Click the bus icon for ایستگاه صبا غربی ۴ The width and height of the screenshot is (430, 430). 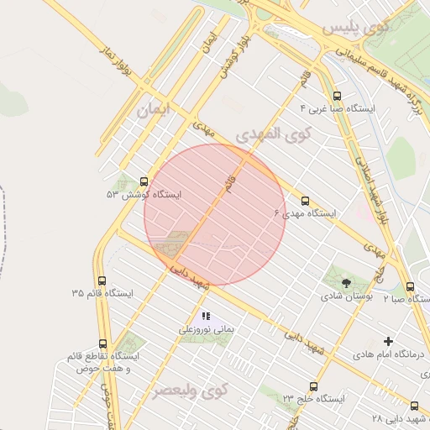338,96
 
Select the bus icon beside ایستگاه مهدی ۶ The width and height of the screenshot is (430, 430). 304,202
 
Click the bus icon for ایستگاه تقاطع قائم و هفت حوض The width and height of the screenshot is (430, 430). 102,343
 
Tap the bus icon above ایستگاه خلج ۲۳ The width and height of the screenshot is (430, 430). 313,387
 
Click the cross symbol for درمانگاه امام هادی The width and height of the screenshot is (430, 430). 388,341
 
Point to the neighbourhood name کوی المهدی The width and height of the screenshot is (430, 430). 273,134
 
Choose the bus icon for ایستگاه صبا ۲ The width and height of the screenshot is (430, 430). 409,286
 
